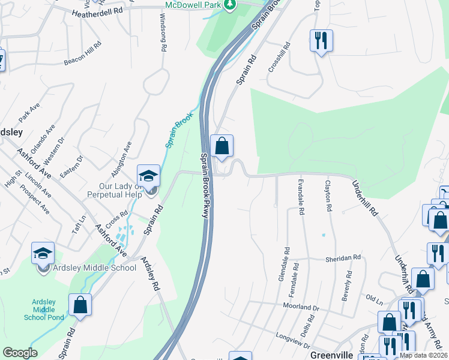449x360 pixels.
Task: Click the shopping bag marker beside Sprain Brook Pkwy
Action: (221, 146)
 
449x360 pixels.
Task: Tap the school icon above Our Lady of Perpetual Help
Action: (148, 175)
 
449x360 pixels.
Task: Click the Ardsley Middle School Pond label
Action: (43, 308)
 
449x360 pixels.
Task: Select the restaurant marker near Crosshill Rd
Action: (321, 41)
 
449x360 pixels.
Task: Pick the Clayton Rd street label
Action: (328, 196)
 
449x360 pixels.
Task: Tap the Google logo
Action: (20, 353)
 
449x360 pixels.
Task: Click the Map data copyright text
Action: (424, 355)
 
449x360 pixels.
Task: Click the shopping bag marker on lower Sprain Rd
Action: (80, 304)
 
